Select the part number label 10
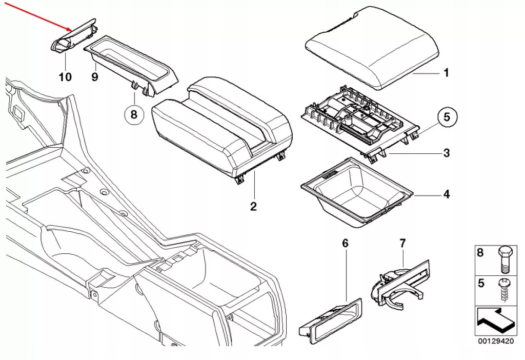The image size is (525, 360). [65, 77]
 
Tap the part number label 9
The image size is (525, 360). [94, 77]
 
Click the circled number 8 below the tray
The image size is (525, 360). [133, 114]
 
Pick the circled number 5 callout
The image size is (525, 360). [446, 117]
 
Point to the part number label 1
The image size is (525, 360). [446, 73]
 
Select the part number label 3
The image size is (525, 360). [446, 153]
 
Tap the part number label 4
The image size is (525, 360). [446, 195]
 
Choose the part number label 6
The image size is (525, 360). [345, 243]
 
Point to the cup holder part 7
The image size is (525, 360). [400, 285]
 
